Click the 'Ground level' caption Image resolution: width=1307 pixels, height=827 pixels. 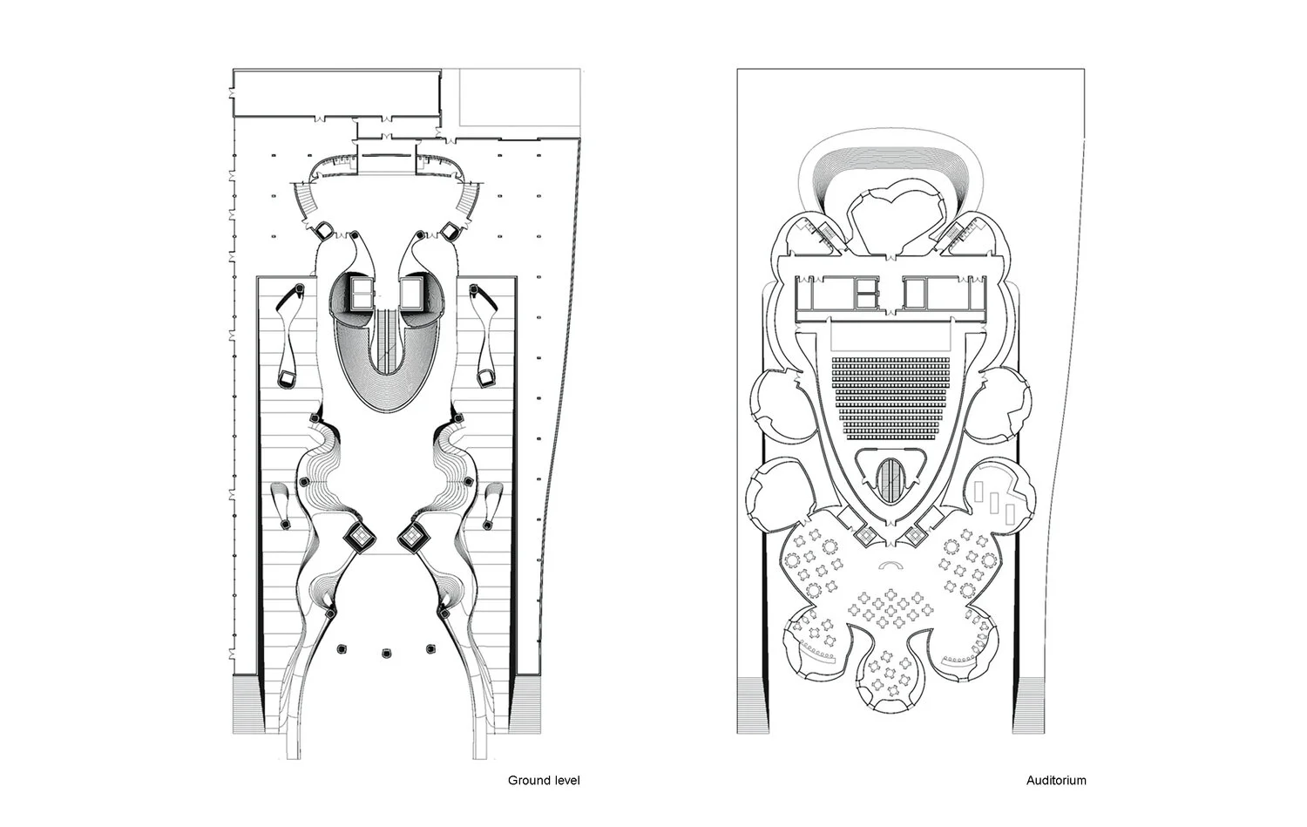544,780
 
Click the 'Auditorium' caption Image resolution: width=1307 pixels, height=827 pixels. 1056,780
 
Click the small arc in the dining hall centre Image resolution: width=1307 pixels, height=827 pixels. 890,566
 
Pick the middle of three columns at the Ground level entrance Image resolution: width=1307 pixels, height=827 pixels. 384,651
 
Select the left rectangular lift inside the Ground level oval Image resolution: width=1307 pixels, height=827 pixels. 360,294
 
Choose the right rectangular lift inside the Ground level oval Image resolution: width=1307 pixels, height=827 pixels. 410,294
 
